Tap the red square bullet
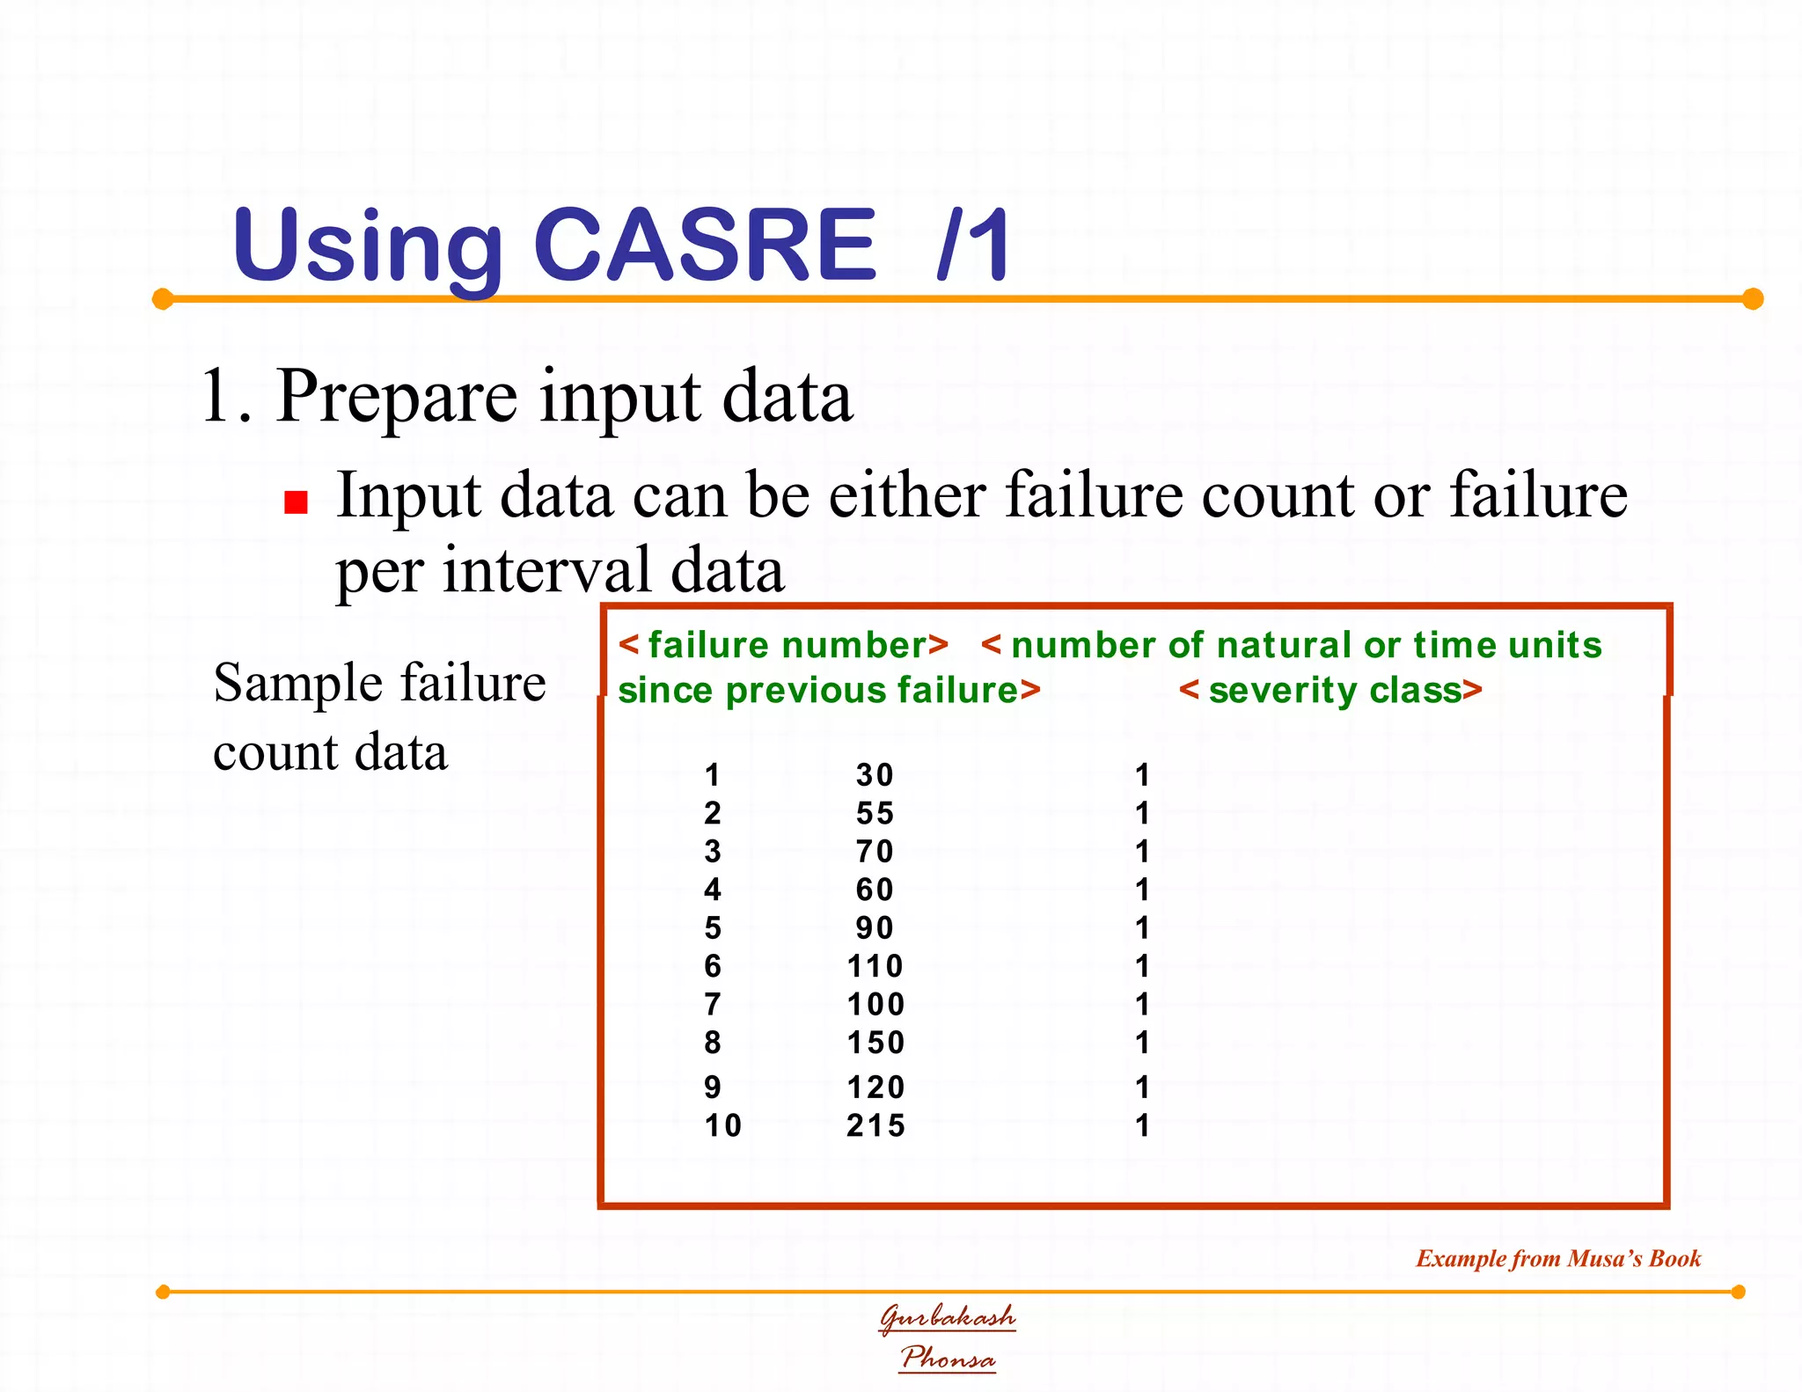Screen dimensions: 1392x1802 coord(296,502)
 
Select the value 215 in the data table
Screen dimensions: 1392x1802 coord(875,1125)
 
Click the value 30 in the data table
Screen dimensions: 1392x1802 coord(875,775)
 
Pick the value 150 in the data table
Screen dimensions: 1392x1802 coord(875,1043)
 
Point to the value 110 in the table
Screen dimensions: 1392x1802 coord(875,966)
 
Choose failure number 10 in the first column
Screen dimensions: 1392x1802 coord(722,1125)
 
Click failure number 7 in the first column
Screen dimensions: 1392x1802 coord(713,1004)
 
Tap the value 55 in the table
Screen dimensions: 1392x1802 coord(875,813)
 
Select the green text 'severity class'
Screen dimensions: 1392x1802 coord(1330,691)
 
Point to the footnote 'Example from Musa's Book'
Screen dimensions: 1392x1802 coord(1557,1258)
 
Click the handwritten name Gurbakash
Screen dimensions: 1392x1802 coord(948,1317)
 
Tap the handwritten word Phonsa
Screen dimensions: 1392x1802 coord(948,1358)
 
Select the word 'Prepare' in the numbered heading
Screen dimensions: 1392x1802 coord(396,398)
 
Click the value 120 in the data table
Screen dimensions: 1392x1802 coord(875,1088)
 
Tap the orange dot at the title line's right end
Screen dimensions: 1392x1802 coord(1753,299)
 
